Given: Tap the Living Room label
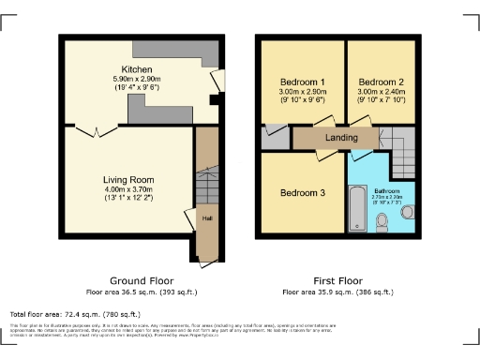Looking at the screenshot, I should (128, 179).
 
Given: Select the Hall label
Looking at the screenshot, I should (205, 219).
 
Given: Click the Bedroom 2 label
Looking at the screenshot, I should (380, 82).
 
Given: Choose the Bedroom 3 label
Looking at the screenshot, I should (303, 193).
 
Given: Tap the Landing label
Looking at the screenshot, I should (342, 139).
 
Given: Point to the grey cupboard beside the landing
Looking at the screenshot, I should (276, 138).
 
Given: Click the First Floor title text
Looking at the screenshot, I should (338, 281).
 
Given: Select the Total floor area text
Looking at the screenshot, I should (75, 314).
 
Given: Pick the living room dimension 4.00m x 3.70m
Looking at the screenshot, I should (128, 190).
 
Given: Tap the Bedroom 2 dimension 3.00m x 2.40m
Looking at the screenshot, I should (380, 92).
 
